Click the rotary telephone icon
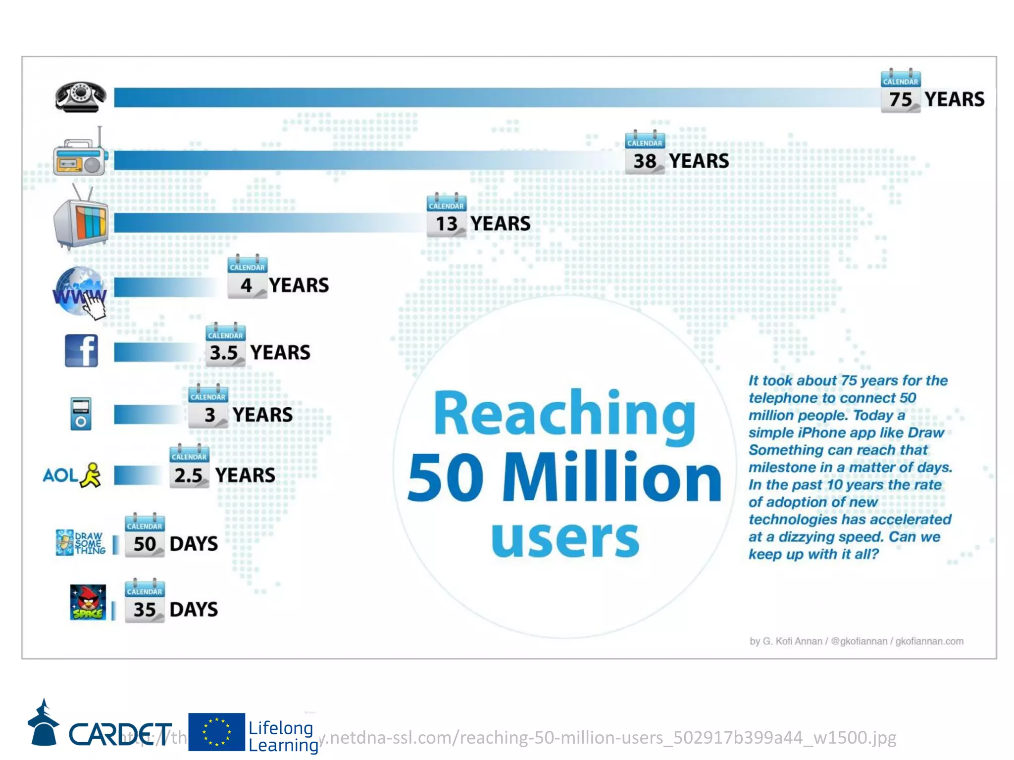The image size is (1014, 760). (x=80, y=97)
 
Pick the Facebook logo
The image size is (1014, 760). (x=81, y=351)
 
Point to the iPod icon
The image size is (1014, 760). (x=81, y=414)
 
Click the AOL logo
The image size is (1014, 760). (x=72, y=475)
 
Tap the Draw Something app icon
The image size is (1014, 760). (x=80, y=542)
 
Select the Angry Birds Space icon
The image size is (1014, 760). (x=88, y=602)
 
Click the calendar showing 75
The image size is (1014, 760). (x=900, y=92)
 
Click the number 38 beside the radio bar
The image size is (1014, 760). (x=644, y=161)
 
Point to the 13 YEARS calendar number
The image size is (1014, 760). (x=446, y=224)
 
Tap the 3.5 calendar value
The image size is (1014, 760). (x=224, y=353)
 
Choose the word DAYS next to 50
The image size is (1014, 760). (x=194, y=544)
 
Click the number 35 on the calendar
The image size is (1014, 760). (x=145, y=610)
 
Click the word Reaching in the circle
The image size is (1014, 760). (x=564, y=414)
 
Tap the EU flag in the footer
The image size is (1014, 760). (x=216, y=732)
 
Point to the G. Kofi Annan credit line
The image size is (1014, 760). (x=856, y=641)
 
